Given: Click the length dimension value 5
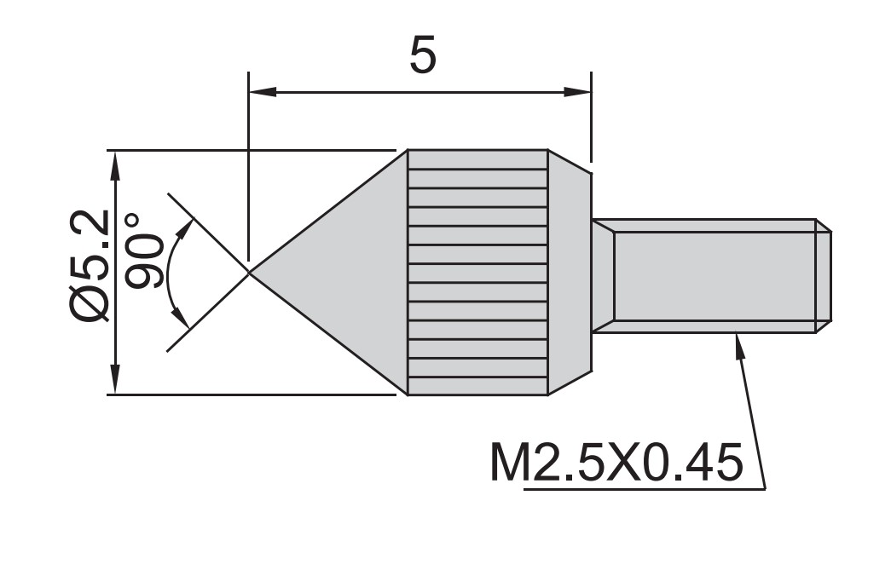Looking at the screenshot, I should [x=423, y=55].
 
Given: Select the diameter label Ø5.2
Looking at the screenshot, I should [x=90, y=266].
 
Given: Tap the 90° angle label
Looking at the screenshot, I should [x=146, y=251].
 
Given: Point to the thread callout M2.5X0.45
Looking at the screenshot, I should [x=616, y=463].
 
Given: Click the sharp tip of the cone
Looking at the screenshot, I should [x=250, y=272].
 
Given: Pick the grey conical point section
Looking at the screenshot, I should [x=341, y=272].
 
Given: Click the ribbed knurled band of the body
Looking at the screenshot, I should [x=477, y=273].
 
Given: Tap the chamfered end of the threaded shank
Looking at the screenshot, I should [x=824, y=274].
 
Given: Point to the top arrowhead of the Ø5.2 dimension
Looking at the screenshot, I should [x=113, y=162].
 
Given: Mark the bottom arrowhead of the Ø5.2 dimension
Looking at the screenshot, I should [x=113, y=383].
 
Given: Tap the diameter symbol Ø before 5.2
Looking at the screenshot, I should [x=90, y=303].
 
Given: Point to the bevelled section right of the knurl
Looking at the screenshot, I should [x=569, y=273].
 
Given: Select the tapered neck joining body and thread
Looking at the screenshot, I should [x=603, y=274].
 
